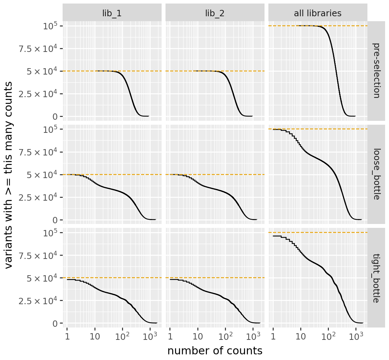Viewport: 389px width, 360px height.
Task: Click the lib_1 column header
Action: click(x=112, y=13)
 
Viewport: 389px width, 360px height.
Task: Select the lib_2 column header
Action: click(x=215, y=13)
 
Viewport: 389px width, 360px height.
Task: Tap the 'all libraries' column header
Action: click(x=318, y=13)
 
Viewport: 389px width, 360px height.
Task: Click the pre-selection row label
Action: click(x=376, y=71)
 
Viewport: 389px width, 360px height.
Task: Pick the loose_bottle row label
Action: click(x=376, y=174)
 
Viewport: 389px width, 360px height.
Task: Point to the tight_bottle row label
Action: click(x=376, y=278)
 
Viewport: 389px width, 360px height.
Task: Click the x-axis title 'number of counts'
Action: click(x=215, y=351)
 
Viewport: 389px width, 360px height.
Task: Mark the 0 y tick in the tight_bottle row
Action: click(x=56, y=323)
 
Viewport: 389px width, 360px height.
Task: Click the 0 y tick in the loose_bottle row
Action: click(x=56, y=220)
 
